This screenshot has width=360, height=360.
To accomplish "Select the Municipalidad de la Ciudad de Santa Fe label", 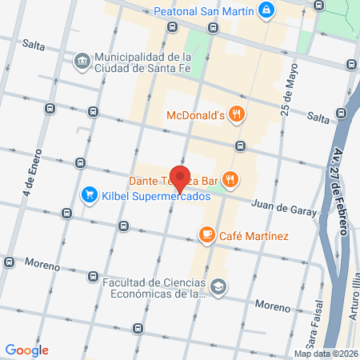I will point(142,63).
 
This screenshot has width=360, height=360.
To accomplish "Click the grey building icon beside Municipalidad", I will point(82,62).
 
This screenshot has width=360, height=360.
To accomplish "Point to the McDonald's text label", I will point(194,114).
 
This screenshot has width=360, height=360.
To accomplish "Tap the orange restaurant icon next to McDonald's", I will point(235,114).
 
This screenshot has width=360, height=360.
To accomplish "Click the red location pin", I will point(181,178).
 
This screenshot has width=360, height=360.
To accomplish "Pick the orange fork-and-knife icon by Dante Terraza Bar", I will point(230,179).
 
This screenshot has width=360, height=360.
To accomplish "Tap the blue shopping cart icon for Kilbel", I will point(90,194).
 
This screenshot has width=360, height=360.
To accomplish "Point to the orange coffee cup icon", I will point(206,235).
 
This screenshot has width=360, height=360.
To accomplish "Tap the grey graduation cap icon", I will point(218,286).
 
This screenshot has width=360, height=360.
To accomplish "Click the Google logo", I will point(26,350).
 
